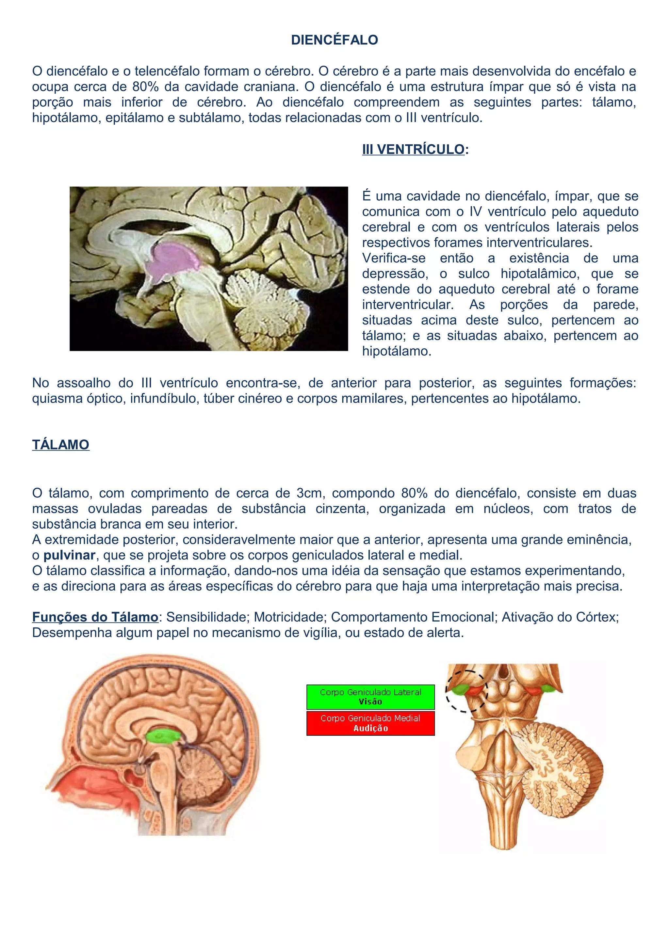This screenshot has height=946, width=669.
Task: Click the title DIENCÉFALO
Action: (334, 40)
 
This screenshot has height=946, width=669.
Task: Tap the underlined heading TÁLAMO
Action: (60, 445)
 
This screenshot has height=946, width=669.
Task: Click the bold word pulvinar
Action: (69, 555)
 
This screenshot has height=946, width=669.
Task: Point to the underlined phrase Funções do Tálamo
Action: (95, 617)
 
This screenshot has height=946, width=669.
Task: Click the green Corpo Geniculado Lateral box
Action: (370, 697)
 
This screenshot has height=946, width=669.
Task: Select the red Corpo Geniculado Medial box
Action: (370, 723)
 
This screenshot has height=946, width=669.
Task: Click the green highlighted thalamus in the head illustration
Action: (164, 736)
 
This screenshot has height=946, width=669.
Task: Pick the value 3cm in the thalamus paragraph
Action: (309, 493)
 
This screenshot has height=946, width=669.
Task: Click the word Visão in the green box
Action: (370, 702)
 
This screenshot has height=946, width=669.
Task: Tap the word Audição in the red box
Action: (370, 728)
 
